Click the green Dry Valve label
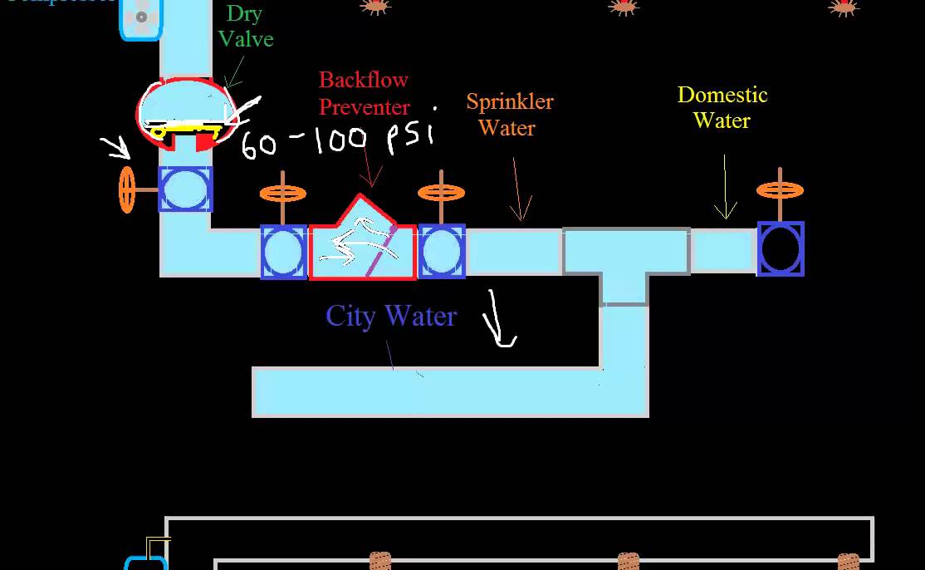click(x=247, y=26)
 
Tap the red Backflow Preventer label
click(x=364, y=93)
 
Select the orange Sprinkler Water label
click(x=509, y=115)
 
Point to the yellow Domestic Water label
click(x=722, y=107)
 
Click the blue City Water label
click(x=391, y=316)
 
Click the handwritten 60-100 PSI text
click(x=337, y=139)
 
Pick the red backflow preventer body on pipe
click(x=362, y=244)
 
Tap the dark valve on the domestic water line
click(x=781, y=248)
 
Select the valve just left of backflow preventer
click(x=284, y=252)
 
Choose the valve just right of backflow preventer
click(x=441, y=251)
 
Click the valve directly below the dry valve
click(x=185, y=189)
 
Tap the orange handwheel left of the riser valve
click(x=127, y=189)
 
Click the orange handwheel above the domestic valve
click(x=780, y=190)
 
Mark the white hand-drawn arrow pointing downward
click(x=502, y=320)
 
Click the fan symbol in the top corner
click(x=142, y=17)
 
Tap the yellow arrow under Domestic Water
click(x=726, y=187)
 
